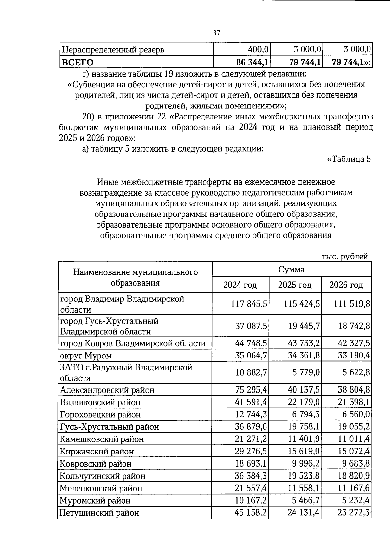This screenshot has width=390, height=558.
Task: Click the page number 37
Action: [x=216, y=33]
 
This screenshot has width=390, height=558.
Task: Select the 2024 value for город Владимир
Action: [x=249, y=304]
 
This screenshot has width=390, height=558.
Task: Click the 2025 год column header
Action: [x=294, y=285]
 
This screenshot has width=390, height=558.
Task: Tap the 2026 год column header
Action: [x=346, y=285]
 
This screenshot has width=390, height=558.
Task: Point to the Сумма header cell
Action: [x=291, y=270]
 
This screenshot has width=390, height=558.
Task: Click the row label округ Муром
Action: [x=86, y=356]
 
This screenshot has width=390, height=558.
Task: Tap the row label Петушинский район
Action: [x=99, y=513]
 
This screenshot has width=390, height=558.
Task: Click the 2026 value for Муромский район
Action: [x=354, y=500]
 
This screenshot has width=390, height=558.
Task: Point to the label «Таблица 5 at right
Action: [x=348, y=160]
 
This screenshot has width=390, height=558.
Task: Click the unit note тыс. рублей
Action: [x=344, y=257]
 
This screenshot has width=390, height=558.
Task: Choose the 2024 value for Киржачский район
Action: [x=251, y=451]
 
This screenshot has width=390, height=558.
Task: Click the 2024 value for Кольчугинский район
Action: [x=251, y=476]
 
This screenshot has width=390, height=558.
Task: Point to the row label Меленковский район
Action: [x=101, y=488]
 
